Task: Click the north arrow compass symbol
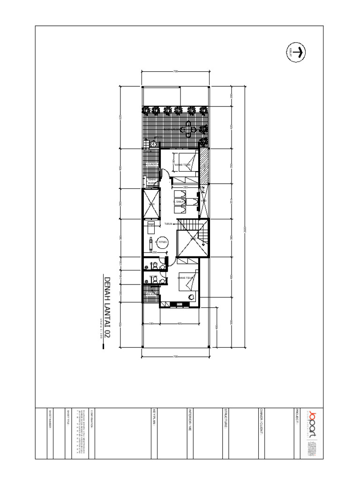click(296, 52)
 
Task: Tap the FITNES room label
click(163, 242)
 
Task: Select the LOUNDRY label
click(151, 165)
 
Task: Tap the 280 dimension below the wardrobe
click(185, 187)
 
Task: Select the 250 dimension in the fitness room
click(155, 252)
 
